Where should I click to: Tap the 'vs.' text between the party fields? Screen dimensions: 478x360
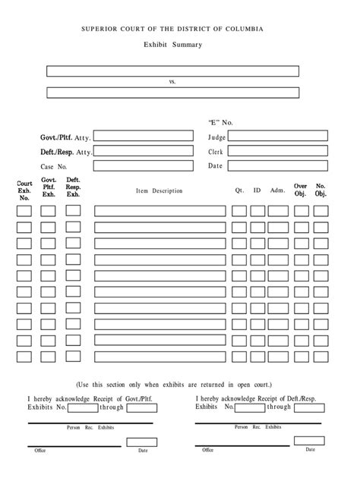coord(172,81)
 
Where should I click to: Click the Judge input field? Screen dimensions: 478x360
coord(277,137)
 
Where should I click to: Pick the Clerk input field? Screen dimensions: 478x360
coord(277,152)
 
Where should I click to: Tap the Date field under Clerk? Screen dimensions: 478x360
coord(277,166)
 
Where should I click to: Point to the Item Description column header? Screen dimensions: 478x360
coord(159,190)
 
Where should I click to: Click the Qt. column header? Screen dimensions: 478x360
coord(238,190)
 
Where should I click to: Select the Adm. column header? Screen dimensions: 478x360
coord(277,190)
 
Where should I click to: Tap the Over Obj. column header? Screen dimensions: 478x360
coord(301,190)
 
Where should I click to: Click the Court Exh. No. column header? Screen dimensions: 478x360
coord(24,190)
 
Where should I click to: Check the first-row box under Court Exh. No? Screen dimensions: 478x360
coord(24,210)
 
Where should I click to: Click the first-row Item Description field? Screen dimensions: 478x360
coord(159,210)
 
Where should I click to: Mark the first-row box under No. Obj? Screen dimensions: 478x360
coord(321,210)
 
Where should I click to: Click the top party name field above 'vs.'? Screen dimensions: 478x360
coord(172,71)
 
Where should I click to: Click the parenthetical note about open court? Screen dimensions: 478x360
coord(174,384)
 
